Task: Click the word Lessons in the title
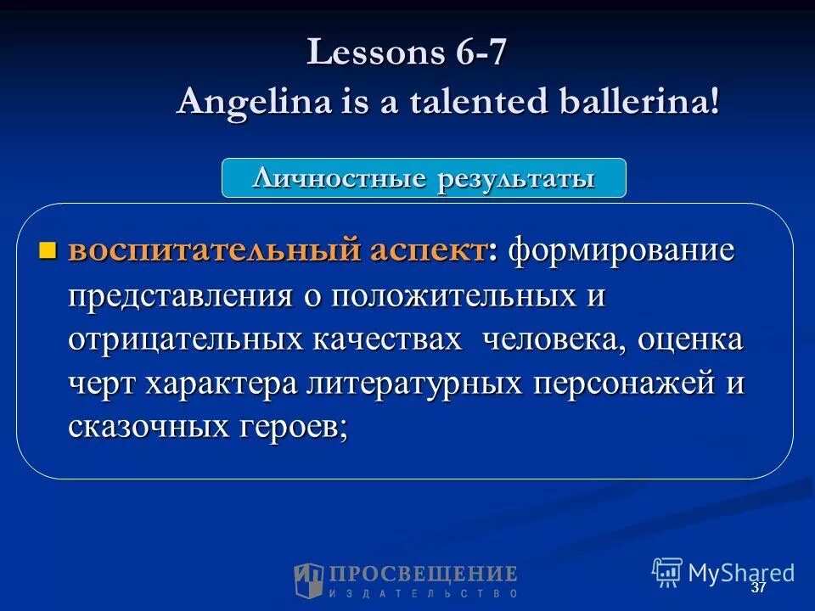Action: click(x=370, y=53)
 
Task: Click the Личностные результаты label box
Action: click(x=424, y=178)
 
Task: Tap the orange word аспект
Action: click(x=426, y=251)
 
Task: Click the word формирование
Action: click(x=621, y=251)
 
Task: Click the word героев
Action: click(x=289, y=428)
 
